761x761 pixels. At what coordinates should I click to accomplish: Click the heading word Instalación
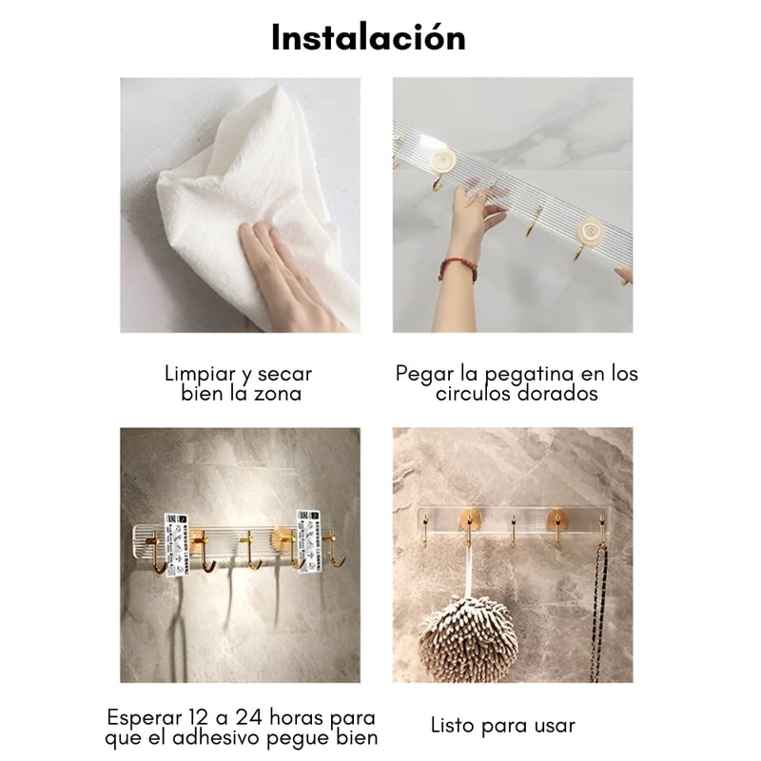click(368, 37)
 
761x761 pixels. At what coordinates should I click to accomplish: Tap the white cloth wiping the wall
click(252, 194)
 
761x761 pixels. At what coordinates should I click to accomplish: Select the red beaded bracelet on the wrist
click(458, 268)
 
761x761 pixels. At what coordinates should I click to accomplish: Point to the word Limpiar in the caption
click(200, 374)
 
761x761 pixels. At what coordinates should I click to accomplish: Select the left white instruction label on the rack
click(176, 544)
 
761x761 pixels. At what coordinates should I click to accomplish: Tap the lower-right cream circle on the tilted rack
click(591, 233)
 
